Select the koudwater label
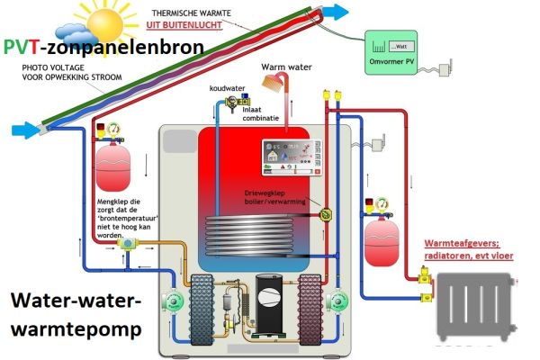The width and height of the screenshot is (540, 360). [x=227, y=89]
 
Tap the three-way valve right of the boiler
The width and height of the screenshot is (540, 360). [x=325, y=214]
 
